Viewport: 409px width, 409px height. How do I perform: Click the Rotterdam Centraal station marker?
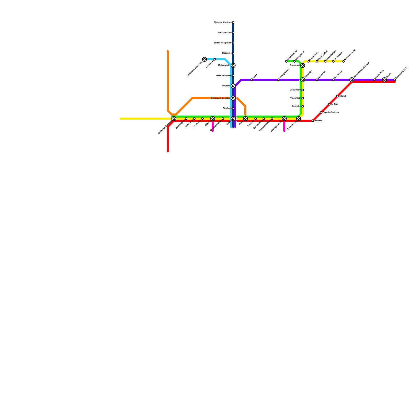tap(233, 98)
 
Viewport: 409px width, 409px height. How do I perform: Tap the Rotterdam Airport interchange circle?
tap(204, 59)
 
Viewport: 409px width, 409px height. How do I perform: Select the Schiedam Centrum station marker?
tap(174, 119)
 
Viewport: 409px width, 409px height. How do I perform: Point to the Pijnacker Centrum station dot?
tap(233, 22)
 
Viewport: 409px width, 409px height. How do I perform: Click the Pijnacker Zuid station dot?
tap(233, 33)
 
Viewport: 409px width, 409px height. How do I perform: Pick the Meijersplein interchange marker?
tap(233, 65)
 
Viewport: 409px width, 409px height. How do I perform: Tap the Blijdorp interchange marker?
tap(233, 86)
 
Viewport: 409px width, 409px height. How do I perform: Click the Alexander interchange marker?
tap(303, 80)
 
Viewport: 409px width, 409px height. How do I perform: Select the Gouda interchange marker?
tap(384, 80)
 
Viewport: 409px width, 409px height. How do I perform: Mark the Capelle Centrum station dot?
tap(321, 112)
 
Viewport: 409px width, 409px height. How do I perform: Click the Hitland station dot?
tap(337, 96)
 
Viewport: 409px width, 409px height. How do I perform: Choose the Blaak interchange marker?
tap(245, 119)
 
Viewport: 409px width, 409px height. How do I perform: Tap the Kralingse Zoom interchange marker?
tap(284, 119)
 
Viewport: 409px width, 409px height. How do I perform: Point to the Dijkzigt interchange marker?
tap(213, 119)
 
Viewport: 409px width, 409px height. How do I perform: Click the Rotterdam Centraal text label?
tap(220, 98)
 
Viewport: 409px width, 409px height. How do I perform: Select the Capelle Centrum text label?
tap(331, 112)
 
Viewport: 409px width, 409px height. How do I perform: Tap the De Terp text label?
tap(334, 104)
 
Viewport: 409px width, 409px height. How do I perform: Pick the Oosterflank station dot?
tap(303, 90)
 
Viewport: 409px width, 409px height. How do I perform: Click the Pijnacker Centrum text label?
tap(222, 22)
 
